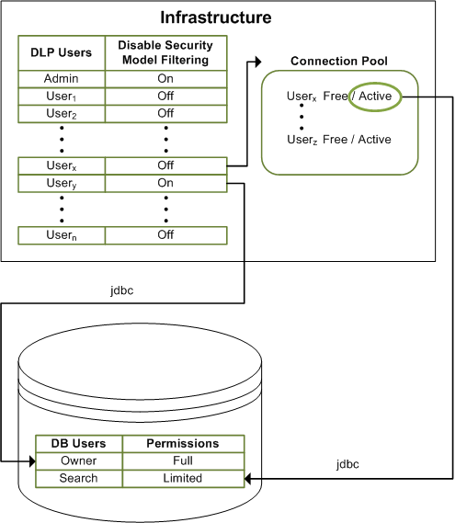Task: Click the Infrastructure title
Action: pos(216,17)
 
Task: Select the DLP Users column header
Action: pos(62,53)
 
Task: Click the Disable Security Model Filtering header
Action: pos(165,53)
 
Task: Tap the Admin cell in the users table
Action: pos(62,79)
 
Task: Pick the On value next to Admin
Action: pos(165,79)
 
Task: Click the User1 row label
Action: pos(62,97)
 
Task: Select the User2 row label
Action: pos(62,114)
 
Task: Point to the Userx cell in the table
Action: pos(62,165)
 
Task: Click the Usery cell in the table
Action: pos(62,183)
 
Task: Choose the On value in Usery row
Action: pos(165,183)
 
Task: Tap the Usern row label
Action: pos(62,235)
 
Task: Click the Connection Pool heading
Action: pos(338,62)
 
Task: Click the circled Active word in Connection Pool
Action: pos(374,97)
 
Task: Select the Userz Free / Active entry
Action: pos(339,140)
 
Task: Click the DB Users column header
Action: pos(78,443)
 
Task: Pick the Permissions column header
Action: pos(183,443)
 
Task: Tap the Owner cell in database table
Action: pos(78,460)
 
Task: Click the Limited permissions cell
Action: pos(183,478)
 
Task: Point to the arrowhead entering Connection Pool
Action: pos(254,62)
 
